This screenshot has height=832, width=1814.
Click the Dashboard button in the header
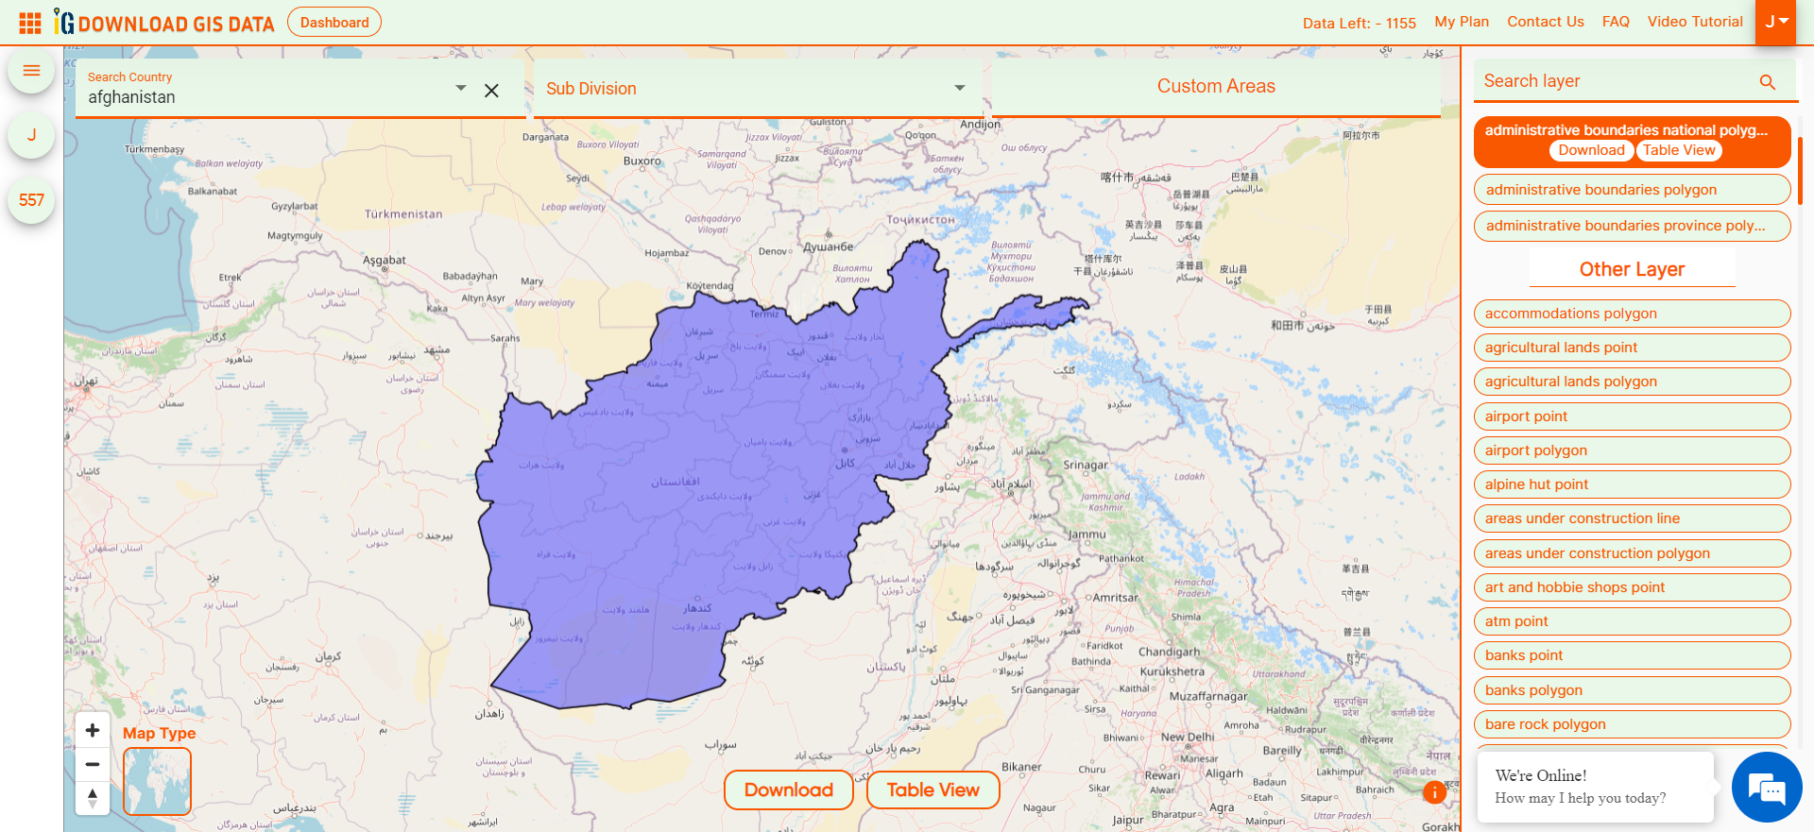(334, 23)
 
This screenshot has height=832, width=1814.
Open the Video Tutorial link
(1695, 22)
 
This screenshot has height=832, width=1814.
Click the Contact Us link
(1545, 22)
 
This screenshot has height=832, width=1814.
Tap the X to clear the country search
(491, 91)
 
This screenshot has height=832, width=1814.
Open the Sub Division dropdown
(757, 89)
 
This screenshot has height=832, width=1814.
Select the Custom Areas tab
(1216, 87)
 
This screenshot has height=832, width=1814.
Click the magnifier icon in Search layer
(1768, 82)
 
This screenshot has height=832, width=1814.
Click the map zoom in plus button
(93, 730)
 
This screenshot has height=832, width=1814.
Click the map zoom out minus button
(93, 764)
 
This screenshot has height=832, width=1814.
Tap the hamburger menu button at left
(31, 71)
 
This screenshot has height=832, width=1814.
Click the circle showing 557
(31, 200)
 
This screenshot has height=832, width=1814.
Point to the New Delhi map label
(1188, 737)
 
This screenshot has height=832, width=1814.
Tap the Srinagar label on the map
(1086, 466)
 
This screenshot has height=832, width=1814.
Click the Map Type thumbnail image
(157, 781)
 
